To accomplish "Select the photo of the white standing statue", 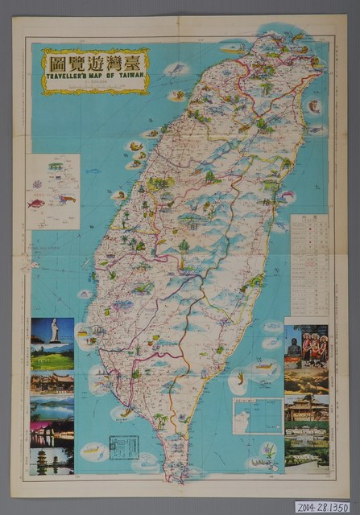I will pyautogui.click(x=52, y=330).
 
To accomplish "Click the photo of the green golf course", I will pyautogui.click(x=52, y=356).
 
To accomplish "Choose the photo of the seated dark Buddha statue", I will pyautogui.click(x=293, y=346).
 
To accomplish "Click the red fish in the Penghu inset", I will pyautogui.click(x=36, y=203).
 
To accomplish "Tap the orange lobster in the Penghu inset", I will pyautogui.click(x=65, y=196).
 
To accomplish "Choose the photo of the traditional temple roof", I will pyautogui.click(x=52, y=382).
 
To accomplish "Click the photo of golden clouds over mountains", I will pyautogui.click(x=306, y=381).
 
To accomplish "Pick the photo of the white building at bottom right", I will pyautogui.click(x=306, y=456).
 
